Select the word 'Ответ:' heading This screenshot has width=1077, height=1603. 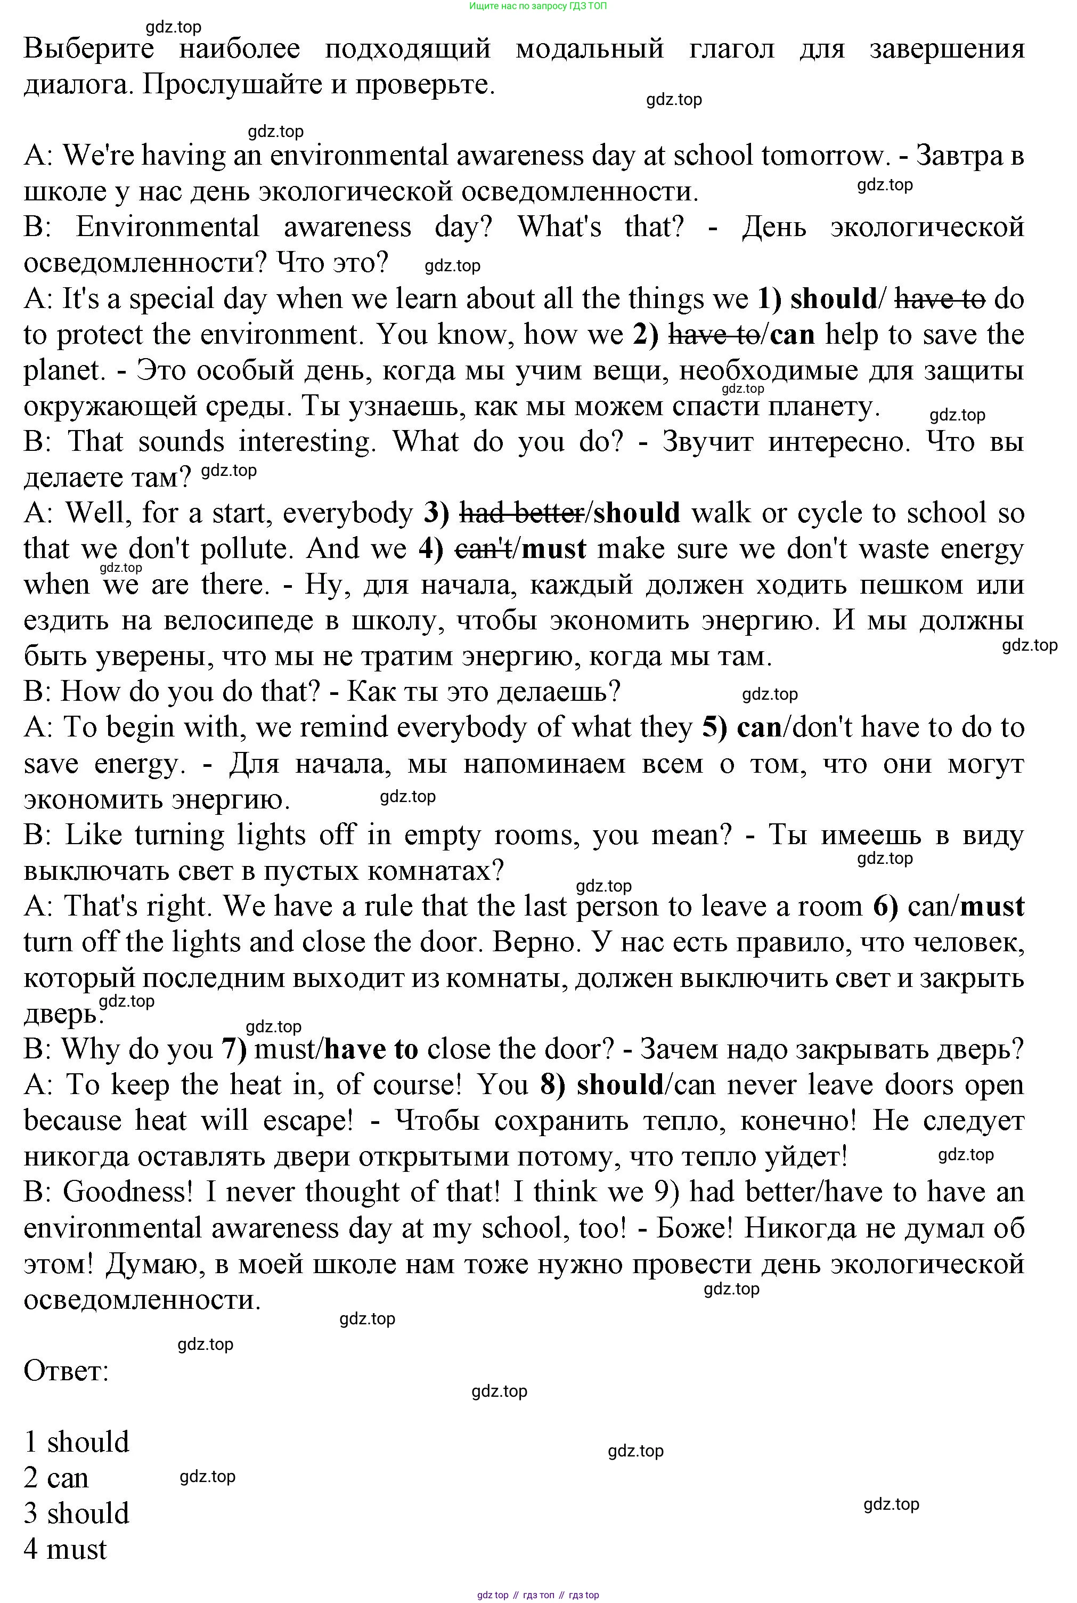[66, 1371]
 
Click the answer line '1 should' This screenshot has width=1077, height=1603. [76, 1442]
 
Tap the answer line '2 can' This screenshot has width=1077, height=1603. [56, 1478]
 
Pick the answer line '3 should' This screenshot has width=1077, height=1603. [76, 1513]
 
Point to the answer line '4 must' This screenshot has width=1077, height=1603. [66, 1549]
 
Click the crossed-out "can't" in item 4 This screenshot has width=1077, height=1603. [484, 549]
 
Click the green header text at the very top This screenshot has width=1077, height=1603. [538, 6]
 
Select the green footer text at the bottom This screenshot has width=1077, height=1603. [538, 1595]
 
